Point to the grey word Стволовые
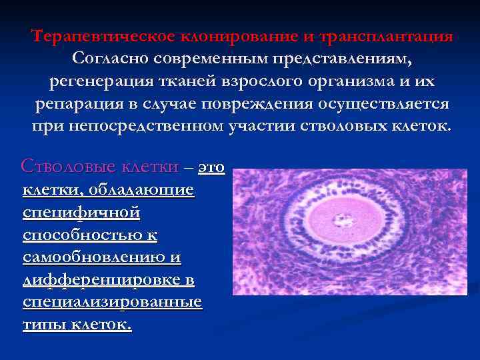(x=61, y=166)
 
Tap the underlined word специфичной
(x=81, y=213)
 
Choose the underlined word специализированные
(x=112, y=302)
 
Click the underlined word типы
(x=43, y=325)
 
